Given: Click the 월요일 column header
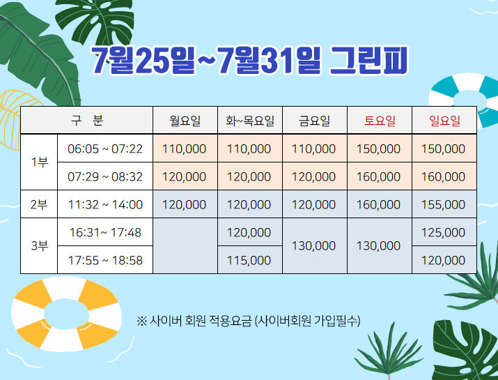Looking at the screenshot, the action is pos(185,121).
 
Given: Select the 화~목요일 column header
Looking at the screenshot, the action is pos(249,121).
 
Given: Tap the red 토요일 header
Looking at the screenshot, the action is pos(380,121).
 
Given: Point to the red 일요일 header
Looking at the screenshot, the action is pos(444,121).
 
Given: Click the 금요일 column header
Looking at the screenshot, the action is pos(314,121).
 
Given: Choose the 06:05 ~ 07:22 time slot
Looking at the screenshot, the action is pos(105,149).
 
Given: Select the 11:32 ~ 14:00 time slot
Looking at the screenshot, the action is pos(105,204).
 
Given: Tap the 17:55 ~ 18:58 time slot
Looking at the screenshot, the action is pos(105,261).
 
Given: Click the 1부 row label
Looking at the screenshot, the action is pos(40,162).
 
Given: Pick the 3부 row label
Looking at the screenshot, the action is pos(40,246).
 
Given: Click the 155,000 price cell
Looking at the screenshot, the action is pos(443,204).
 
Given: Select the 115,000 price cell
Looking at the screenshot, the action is pos(249,261).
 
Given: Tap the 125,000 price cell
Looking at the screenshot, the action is pos(443,232).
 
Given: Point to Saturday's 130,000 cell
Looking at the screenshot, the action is pos(378,246).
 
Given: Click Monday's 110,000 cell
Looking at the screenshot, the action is pos(184,149).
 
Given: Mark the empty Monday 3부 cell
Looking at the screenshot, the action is pos(185,246).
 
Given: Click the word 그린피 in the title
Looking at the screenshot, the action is pos(368,61).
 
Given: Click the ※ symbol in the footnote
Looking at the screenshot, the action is pos(141,321).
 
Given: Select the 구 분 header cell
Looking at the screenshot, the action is pos(86,120).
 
